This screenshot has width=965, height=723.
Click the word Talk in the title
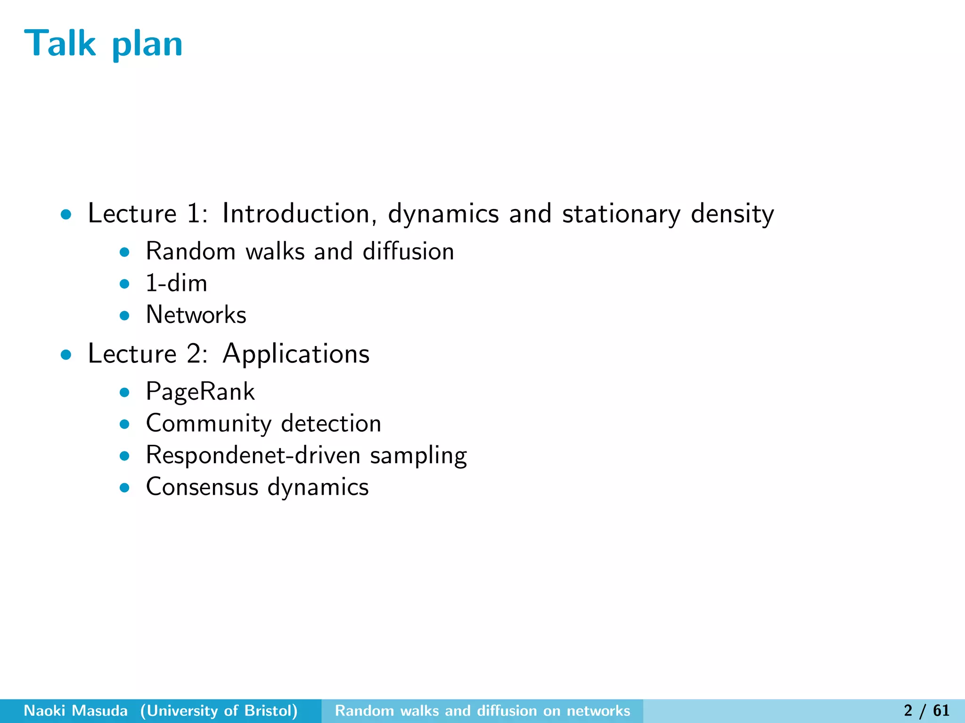click(x=60, y=43)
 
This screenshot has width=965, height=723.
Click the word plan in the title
click(x=147, y=45)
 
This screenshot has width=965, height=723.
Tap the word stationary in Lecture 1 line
click(x=622, y=214)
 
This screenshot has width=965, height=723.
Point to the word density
click(x=732, y=214)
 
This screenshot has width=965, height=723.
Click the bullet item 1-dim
click(x=176, y=283)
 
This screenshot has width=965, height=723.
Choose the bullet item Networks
click(x=196, y=314)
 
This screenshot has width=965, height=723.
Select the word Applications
click(x=296, y=354)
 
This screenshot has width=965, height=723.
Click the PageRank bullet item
click(x=200, y=392)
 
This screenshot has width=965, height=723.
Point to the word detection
click(x=331, y=423)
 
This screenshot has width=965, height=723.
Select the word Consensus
click(x=202, y=487)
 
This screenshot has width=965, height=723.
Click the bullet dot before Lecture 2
click(x=66, y=355)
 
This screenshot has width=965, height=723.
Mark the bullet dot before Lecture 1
click(x=66, y=215)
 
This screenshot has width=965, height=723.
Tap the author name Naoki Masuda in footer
click(x=76, y=711)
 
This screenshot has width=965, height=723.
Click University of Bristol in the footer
click(x=219, y=711)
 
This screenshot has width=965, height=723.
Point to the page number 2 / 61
click(x=926, y=711)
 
